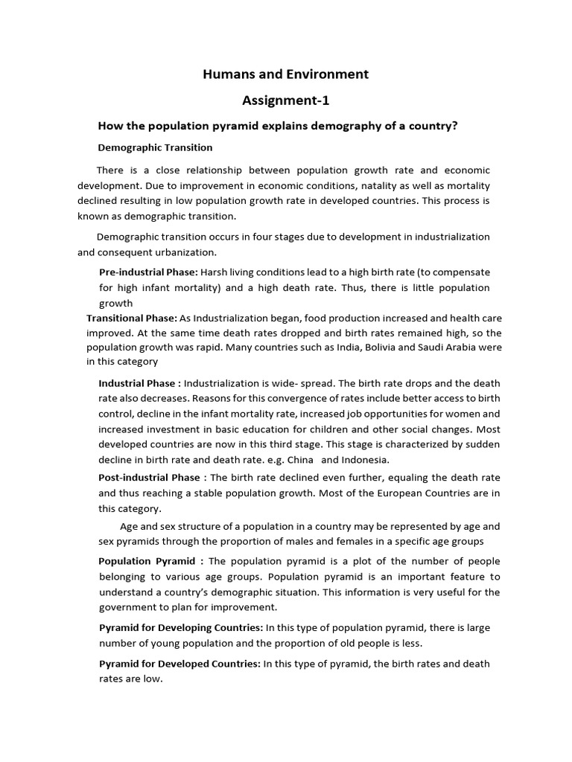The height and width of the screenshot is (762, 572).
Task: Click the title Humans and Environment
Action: pyautogui.click(x=286, y=74)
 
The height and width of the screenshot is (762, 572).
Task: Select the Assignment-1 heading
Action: pyautogui.click(x=286, y=100)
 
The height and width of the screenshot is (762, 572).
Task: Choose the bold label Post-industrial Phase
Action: pyautogui.click(x=150, y=477)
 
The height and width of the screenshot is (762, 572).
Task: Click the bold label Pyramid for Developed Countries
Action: pyautogui.click(x=179, y=663)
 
